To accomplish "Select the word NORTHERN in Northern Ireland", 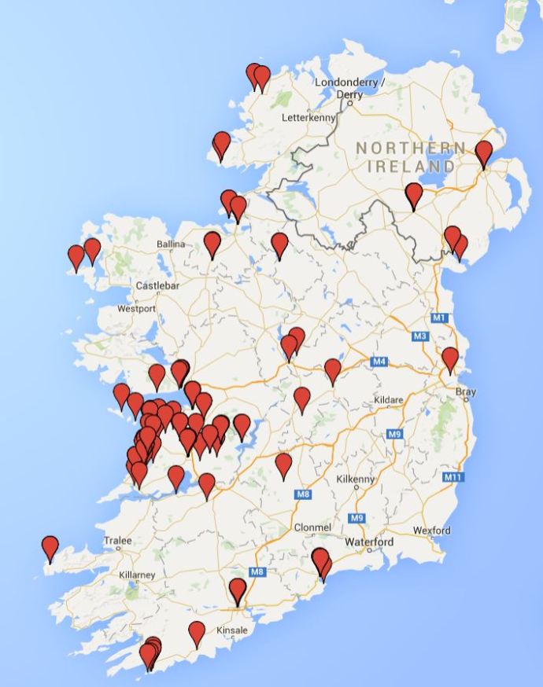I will [x=409, y=148].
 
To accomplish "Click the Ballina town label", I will [x=170, y=244].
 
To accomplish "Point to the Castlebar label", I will [x=158, y=285].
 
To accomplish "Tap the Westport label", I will [x=136, y=309].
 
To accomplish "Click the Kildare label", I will [x=388, y=400].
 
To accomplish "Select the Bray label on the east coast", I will [x=466, y=391].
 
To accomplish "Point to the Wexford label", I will [x=431, y=531].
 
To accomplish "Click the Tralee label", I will [x=117, y=541].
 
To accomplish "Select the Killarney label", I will [x=137, y=575].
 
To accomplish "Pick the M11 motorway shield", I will [x=452, y=477].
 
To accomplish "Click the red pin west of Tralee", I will [x=50, y=547].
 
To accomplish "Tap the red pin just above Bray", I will [x=449, y=358].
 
